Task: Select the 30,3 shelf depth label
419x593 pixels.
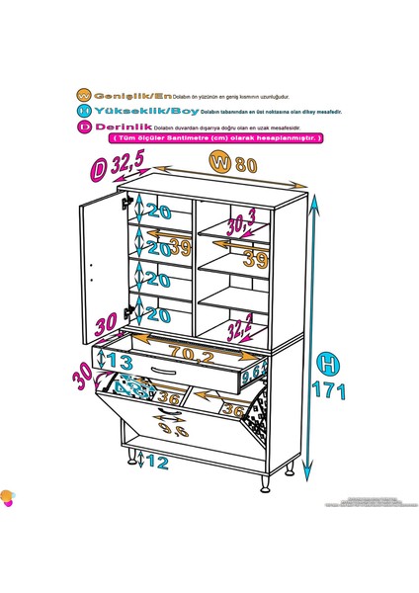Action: point(240,219)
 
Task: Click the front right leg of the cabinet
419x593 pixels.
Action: point(264,481)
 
